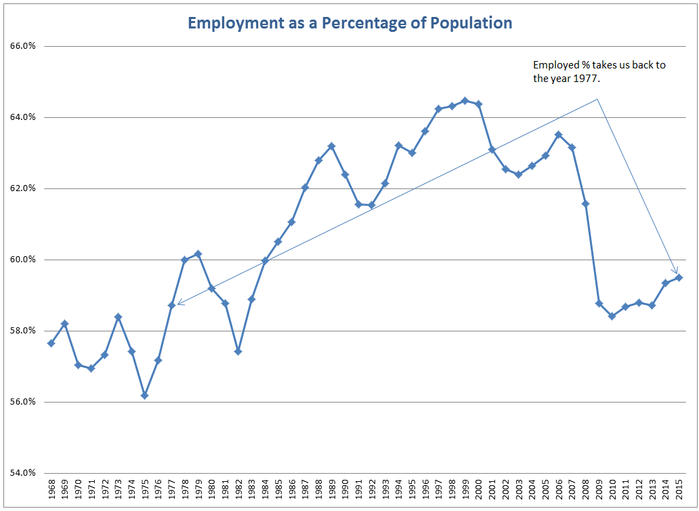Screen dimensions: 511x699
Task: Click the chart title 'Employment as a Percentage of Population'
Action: pyautogui.click(x=349, y=23)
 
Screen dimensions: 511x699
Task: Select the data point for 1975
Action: pyautogui.click(x=144, y=395)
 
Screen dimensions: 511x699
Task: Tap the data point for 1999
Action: pyautogui.click(x=465, y=100)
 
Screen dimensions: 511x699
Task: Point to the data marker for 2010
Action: pyautogui.click(x=612, y=316)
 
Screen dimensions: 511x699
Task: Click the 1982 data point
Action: pyautogui.click(x=238, y=351)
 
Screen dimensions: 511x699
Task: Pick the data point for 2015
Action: pyautogui.click(x=679, y=277)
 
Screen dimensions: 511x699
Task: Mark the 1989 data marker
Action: pyautogui.click(x=331, y=146)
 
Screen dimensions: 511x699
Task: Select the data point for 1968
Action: pyautogui.click(x=51, y=343)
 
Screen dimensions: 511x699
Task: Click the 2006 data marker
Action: pyautogui.click(x=558, y=134)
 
